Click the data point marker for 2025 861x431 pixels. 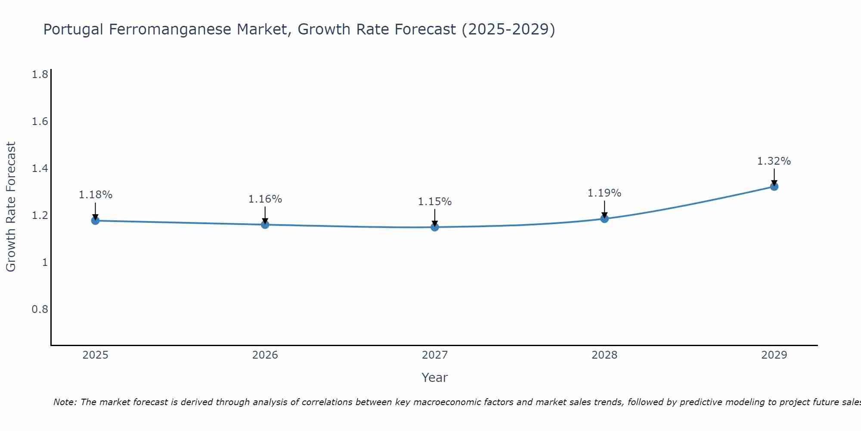(95, 221)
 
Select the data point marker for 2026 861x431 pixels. (265, 225)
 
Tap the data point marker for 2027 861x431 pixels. (435, 227)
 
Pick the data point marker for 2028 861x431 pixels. (604, 219)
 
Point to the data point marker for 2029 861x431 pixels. (774, 187)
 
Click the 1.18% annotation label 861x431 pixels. (95, 195)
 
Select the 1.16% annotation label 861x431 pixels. (265, 199)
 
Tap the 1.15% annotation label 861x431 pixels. (435, 202)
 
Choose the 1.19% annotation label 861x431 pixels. (604, 193)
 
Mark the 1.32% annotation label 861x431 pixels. (774, 161)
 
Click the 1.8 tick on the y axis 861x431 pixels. (40, 75)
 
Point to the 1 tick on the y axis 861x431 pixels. (45, 262)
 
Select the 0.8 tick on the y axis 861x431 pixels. (40, 309)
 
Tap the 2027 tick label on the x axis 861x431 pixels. (435, 355)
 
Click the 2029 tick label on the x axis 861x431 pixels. (774, 355)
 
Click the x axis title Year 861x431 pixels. (435, 378)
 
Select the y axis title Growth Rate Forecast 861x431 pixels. (11, 207)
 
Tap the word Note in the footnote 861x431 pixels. (65, 402)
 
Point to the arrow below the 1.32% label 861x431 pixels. (774, 177)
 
